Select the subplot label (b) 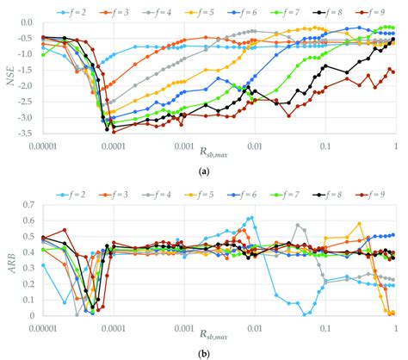click(204, 352)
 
